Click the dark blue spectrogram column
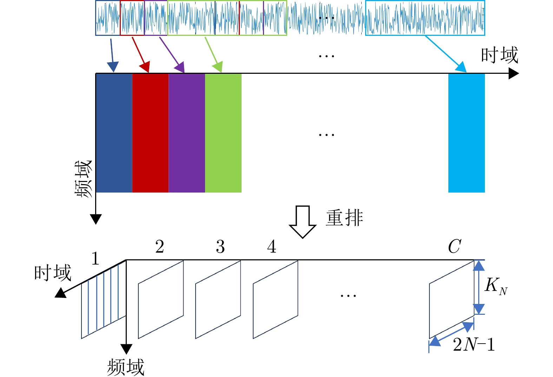tap(114, 133)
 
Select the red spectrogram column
tap(150, 133)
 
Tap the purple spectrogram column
tap(187, 133)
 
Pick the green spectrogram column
tap(223, 133)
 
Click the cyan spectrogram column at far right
tap(466, 133)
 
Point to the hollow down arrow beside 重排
tap(302, 222)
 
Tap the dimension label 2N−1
tap(474, 345)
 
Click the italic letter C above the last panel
tap(454, 247)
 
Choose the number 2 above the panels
tap(160, 247)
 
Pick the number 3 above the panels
tap(220, 247)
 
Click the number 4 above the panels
tap(271, 247)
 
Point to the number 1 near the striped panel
tap(95, 259)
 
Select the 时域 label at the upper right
tap(499, 56)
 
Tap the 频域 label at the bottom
tap(125, 367)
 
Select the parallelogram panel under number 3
tap(218, 299)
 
